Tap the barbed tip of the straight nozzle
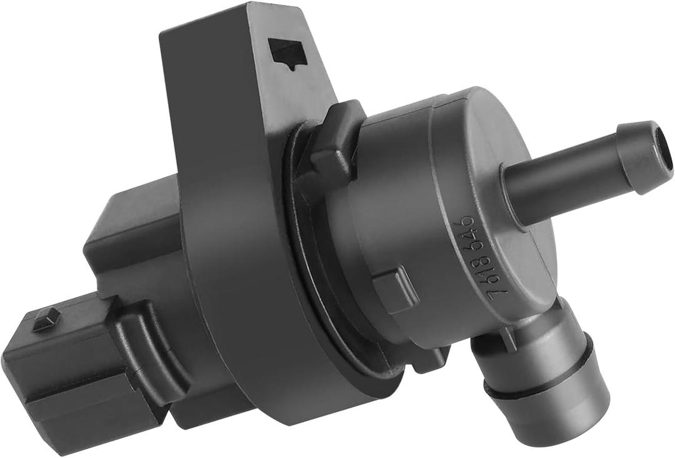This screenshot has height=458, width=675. click(x=641, y=156)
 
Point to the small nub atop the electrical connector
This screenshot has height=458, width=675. click(x=44, y=316)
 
